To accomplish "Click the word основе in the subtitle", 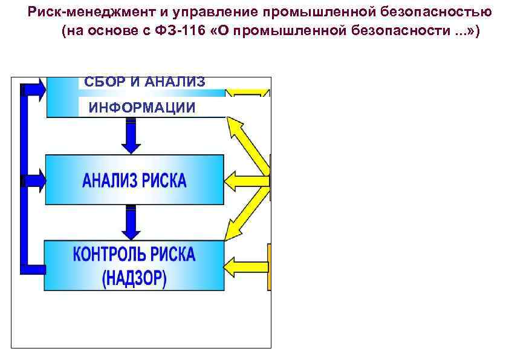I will pyautogui.click(x=123, y=32).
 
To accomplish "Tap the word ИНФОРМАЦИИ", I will pyautogui.click(x=142, y=108).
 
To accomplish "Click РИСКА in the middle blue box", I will pyautogui.click(x=164, y=180).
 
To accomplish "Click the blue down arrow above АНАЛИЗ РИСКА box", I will pyautogui.click(x=131, y=136).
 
